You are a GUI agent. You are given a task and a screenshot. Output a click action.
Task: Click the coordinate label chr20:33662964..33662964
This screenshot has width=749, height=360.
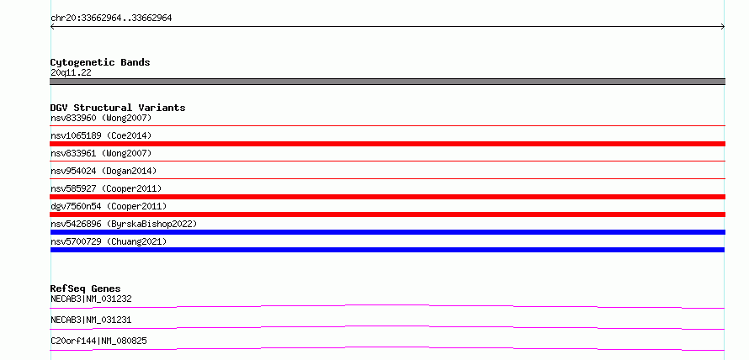click(x=111, y=19)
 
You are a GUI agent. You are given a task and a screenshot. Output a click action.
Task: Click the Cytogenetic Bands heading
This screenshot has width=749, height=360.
click(x=100, y=62)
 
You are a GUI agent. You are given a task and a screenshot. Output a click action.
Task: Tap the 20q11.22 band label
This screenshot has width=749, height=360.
click(x=71, y=73)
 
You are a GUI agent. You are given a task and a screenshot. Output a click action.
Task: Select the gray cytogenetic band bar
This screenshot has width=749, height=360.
click(x=387, y=82)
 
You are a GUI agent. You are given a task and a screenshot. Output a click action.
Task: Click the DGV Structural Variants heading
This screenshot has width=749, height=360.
click(x=118, y=108)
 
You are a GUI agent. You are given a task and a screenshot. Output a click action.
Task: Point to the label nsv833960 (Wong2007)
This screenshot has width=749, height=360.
click(x=101, y=118)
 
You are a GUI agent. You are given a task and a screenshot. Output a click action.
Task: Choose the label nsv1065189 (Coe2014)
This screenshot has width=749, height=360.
click(x=101, y=135)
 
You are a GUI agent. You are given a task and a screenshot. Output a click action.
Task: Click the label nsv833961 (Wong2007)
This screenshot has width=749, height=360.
click(x=101, y=153)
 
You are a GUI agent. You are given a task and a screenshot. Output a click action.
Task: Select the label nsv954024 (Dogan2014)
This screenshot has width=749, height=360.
click(x=104, y=171)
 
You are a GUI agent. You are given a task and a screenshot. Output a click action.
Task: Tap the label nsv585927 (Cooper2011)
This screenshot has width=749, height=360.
click(x=106, y=188)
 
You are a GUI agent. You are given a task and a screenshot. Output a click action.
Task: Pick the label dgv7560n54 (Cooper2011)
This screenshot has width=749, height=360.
click(x=109, y=206)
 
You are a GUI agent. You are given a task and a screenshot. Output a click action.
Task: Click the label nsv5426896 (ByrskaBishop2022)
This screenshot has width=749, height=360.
click(x=124, y=224)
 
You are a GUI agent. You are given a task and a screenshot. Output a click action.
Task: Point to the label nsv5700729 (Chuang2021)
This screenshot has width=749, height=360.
click(x=109, y=241)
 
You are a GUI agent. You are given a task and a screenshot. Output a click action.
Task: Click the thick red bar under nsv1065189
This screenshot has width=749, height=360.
click(x=387, y=144)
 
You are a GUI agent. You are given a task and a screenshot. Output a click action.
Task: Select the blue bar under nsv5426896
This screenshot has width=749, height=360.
click(x=387, y=232)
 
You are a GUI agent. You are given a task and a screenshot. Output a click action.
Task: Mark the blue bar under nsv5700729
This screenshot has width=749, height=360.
click(x=387, y=250)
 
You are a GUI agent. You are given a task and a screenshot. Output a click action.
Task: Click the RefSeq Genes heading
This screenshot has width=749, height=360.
click(x=86, y=289)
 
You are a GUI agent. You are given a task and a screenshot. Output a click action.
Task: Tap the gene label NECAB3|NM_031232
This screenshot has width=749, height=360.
click(x=91, y=299)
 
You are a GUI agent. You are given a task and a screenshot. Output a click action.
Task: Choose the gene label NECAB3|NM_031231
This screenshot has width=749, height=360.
click(x=91, y=320)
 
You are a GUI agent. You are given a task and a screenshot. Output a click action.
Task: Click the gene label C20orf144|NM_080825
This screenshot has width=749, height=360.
click(x=98, y=341)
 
